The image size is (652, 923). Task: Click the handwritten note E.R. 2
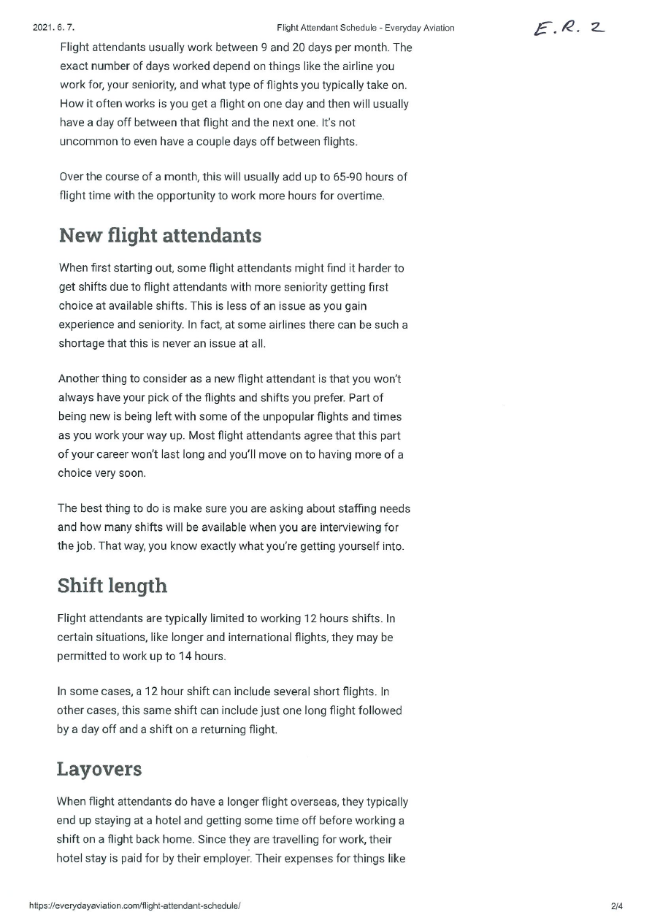pos(569,28)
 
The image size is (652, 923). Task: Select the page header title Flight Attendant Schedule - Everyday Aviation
pos(365,28)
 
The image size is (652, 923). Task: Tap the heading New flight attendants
pos(160,235)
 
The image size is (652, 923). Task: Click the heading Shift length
pos(112,586)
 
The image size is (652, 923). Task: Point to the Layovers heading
pos(99,769)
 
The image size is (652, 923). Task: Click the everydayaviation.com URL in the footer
pos(135,905)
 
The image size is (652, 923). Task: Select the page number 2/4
pos(617,905)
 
